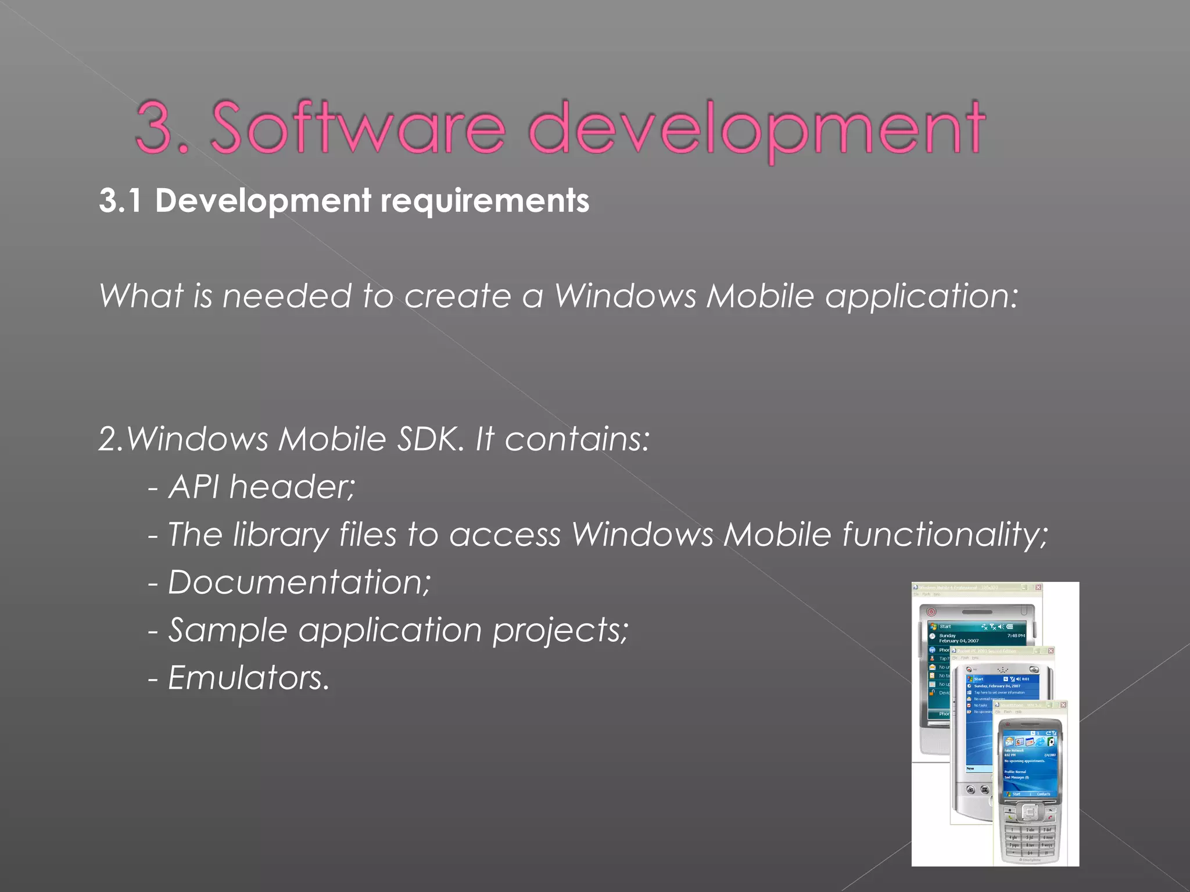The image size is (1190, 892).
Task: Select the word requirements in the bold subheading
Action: tap(485, 201)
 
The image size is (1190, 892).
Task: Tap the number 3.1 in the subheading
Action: tap(120, 201)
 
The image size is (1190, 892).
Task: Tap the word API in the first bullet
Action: tap(194, 487)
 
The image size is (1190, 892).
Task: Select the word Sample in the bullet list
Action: tap(227, 630)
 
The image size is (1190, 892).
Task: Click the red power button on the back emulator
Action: tap(931, 612)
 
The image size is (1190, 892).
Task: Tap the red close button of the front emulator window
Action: tap(1063, 705)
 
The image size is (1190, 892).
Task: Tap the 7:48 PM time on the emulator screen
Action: tap(1016, 636)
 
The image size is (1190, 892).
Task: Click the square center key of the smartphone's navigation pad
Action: tap(1029, 812)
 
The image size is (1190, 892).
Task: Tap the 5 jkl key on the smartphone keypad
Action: tap(1030, 837)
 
